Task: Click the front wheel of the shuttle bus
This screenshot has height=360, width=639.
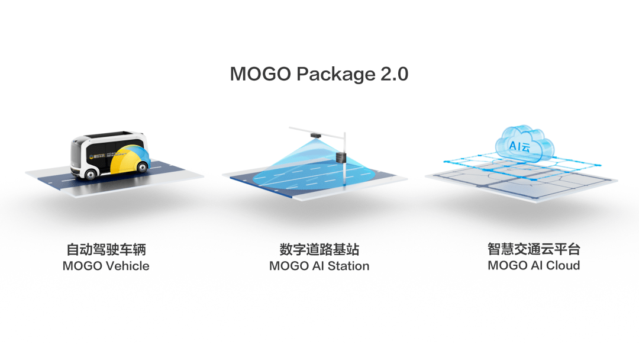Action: [x=91, y=173]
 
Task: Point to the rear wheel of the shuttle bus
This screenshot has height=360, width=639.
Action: [x=142, y=168]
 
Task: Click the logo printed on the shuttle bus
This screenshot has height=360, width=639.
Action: [x=95, y=157]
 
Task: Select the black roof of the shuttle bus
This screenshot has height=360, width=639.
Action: [x=109, y=134]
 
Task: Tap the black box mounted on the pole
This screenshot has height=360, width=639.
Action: [x=340, y=157]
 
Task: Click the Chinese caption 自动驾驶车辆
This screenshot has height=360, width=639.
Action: [x=106, y=249]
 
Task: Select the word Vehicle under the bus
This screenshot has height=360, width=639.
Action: [x=127, y=266]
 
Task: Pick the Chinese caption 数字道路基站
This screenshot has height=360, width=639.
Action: [x=319, y=249]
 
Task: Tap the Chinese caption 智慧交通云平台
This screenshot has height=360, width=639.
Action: [x=534, y=249]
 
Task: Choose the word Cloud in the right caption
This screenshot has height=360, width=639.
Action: [x=563, y=265]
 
